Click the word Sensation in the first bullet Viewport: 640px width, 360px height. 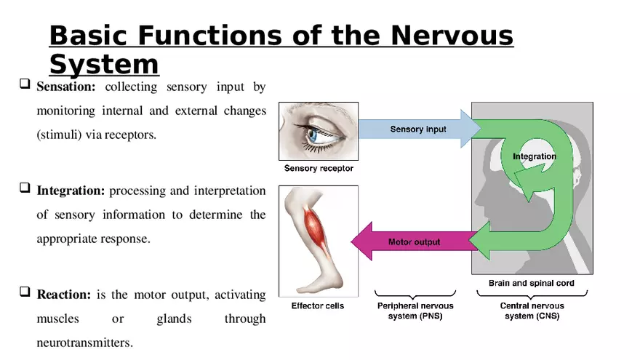coord(65,87)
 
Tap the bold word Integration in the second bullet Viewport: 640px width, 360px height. coord(71,191)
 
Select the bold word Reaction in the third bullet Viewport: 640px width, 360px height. coord(63,295)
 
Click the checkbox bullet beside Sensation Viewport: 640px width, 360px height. coord(25,85)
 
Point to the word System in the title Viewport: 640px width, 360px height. coord(103,64)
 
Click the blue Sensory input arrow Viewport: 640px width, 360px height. coord(418,129)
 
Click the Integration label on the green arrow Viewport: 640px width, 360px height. coord(534,156)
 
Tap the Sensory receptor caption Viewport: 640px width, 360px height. coord(319,169)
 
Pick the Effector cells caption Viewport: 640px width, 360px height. coord(318,306)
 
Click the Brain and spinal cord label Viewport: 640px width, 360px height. coord(531,284)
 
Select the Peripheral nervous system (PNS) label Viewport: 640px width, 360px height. coord(415,311)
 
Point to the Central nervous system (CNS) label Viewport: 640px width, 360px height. coord(532,311)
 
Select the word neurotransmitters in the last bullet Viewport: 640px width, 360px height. coord(85,341)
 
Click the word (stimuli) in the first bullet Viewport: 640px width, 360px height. coord(58,135)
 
